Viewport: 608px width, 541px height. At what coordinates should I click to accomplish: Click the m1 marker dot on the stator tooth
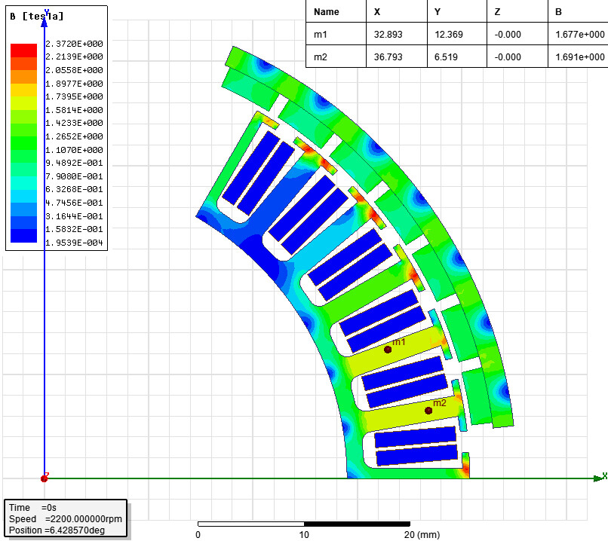click(x=388, y=350)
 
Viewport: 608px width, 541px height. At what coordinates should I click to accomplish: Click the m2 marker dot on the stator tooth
click(x=428, y=411)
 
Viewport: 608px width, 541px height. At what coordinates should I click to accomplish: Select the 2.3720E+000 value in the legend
click(x=74, y=44)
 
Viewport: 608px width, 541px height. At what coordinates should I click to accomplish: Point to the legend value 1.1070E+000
click(x=74, y=150)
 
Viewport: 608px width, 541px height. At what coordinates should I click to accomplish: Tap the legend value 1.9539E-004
click(x=74, y=243)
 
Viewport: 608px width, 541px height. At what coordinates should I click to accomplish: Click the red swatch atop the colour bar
click(x=23, y=50)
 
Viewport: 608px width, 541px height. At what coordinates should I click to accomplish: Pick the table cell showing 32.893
click(x=388, y=35)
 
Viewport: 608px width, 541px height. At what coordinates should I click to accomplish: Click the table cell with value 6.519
click(x=446, y=57)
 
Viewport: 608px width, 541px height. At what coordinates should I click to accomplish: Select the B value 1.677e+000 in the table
click(x=579, y=35)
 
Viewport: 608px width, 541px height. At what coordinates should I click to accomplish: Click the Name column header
click(x=327, y=12)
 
